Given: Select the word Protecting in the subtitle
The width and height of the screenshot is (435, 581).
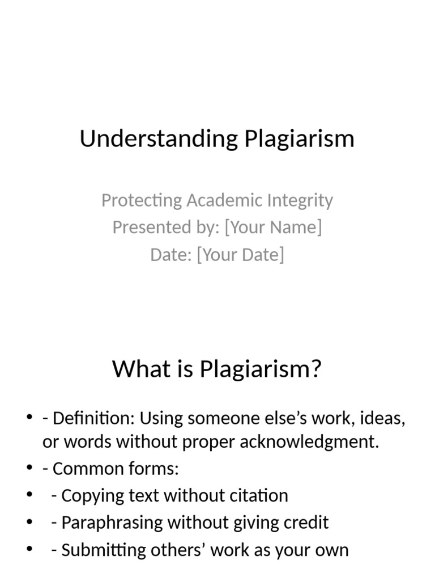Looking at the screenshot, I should (x=141, y=200).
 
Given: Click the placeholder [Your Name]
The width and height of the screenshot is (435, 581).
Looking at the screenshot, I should (x=273, y=227).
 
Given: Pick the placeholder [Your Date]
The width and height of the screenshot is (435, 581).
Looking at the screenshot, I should (x=240, y=255).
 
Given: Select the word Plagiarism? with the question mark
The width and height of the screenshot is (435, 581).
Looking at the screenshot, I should (x=261, y=369).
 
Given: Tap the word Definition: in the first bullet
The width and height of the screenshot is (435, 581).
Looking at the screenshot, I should (x=93, y=419).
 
